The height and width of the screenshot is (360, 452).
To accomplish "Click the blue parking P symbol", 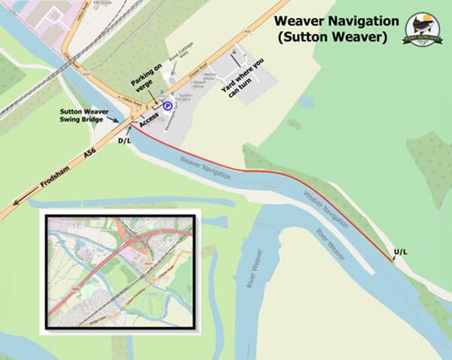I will [x=168, y=107].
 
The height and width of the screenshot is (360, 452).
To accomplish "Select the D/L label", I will [x=124, y=139].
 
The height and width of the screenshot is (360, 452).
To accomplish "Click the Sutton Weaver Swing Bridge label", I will [x=85, y=115].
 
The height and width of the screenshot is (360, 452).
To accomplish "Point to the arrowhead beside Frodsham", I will [x=17, y=200].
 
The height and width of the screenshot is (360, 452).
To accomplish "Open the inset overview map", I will [x=120, y=271].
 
